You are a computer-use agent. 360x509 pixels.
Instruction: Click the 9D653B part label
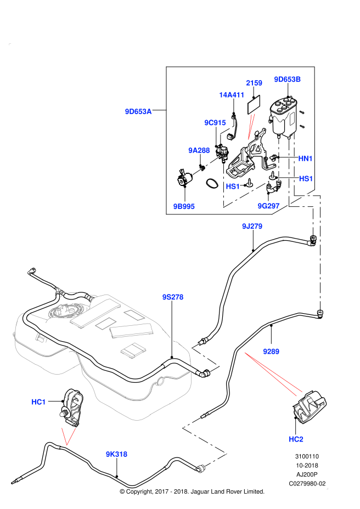point(288,79)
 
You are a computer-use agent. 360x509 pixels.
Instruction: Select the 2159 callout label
point(254,83)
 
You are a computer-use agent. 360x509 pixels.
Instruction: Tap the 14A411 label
point(232,95)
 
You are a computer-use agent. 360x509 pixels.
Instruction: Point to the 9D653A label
point(138,111)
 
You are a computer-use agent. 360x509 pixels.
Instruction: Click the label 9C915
point(215,123)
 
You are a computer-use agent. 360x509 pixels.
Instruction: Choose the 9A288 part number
point(199,150)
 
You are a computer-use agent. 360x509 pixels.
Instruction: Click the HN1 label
point(306,159)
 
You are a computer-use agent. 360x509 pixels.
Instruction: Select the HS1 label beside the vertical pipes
point(306,179)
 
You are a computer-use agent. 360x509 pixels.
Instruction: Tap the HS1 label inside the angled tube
point(233,186)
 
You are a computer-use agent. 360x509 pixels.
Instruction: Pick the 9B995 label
point(184,207)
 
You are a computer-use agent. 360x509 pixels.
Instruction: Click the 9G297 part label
point(269,206)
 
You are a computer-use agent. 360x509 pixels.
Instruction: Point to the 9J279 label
point(252,226)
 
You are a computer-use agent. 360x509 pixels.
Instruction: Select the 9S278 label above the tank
point(173,297)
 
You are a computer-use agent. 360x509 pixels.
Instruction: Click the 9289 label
point(271,352)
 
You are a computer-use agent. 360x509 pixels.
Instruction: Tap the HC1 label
point(38,402)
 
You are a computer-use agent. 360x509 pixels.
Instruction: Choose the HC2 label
point(296,439)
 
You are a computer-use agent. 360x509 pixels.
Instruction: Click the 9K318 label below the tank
point(116,454)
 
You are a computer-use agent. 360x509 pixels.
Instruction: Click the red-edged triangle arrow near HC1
point(68,436)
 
